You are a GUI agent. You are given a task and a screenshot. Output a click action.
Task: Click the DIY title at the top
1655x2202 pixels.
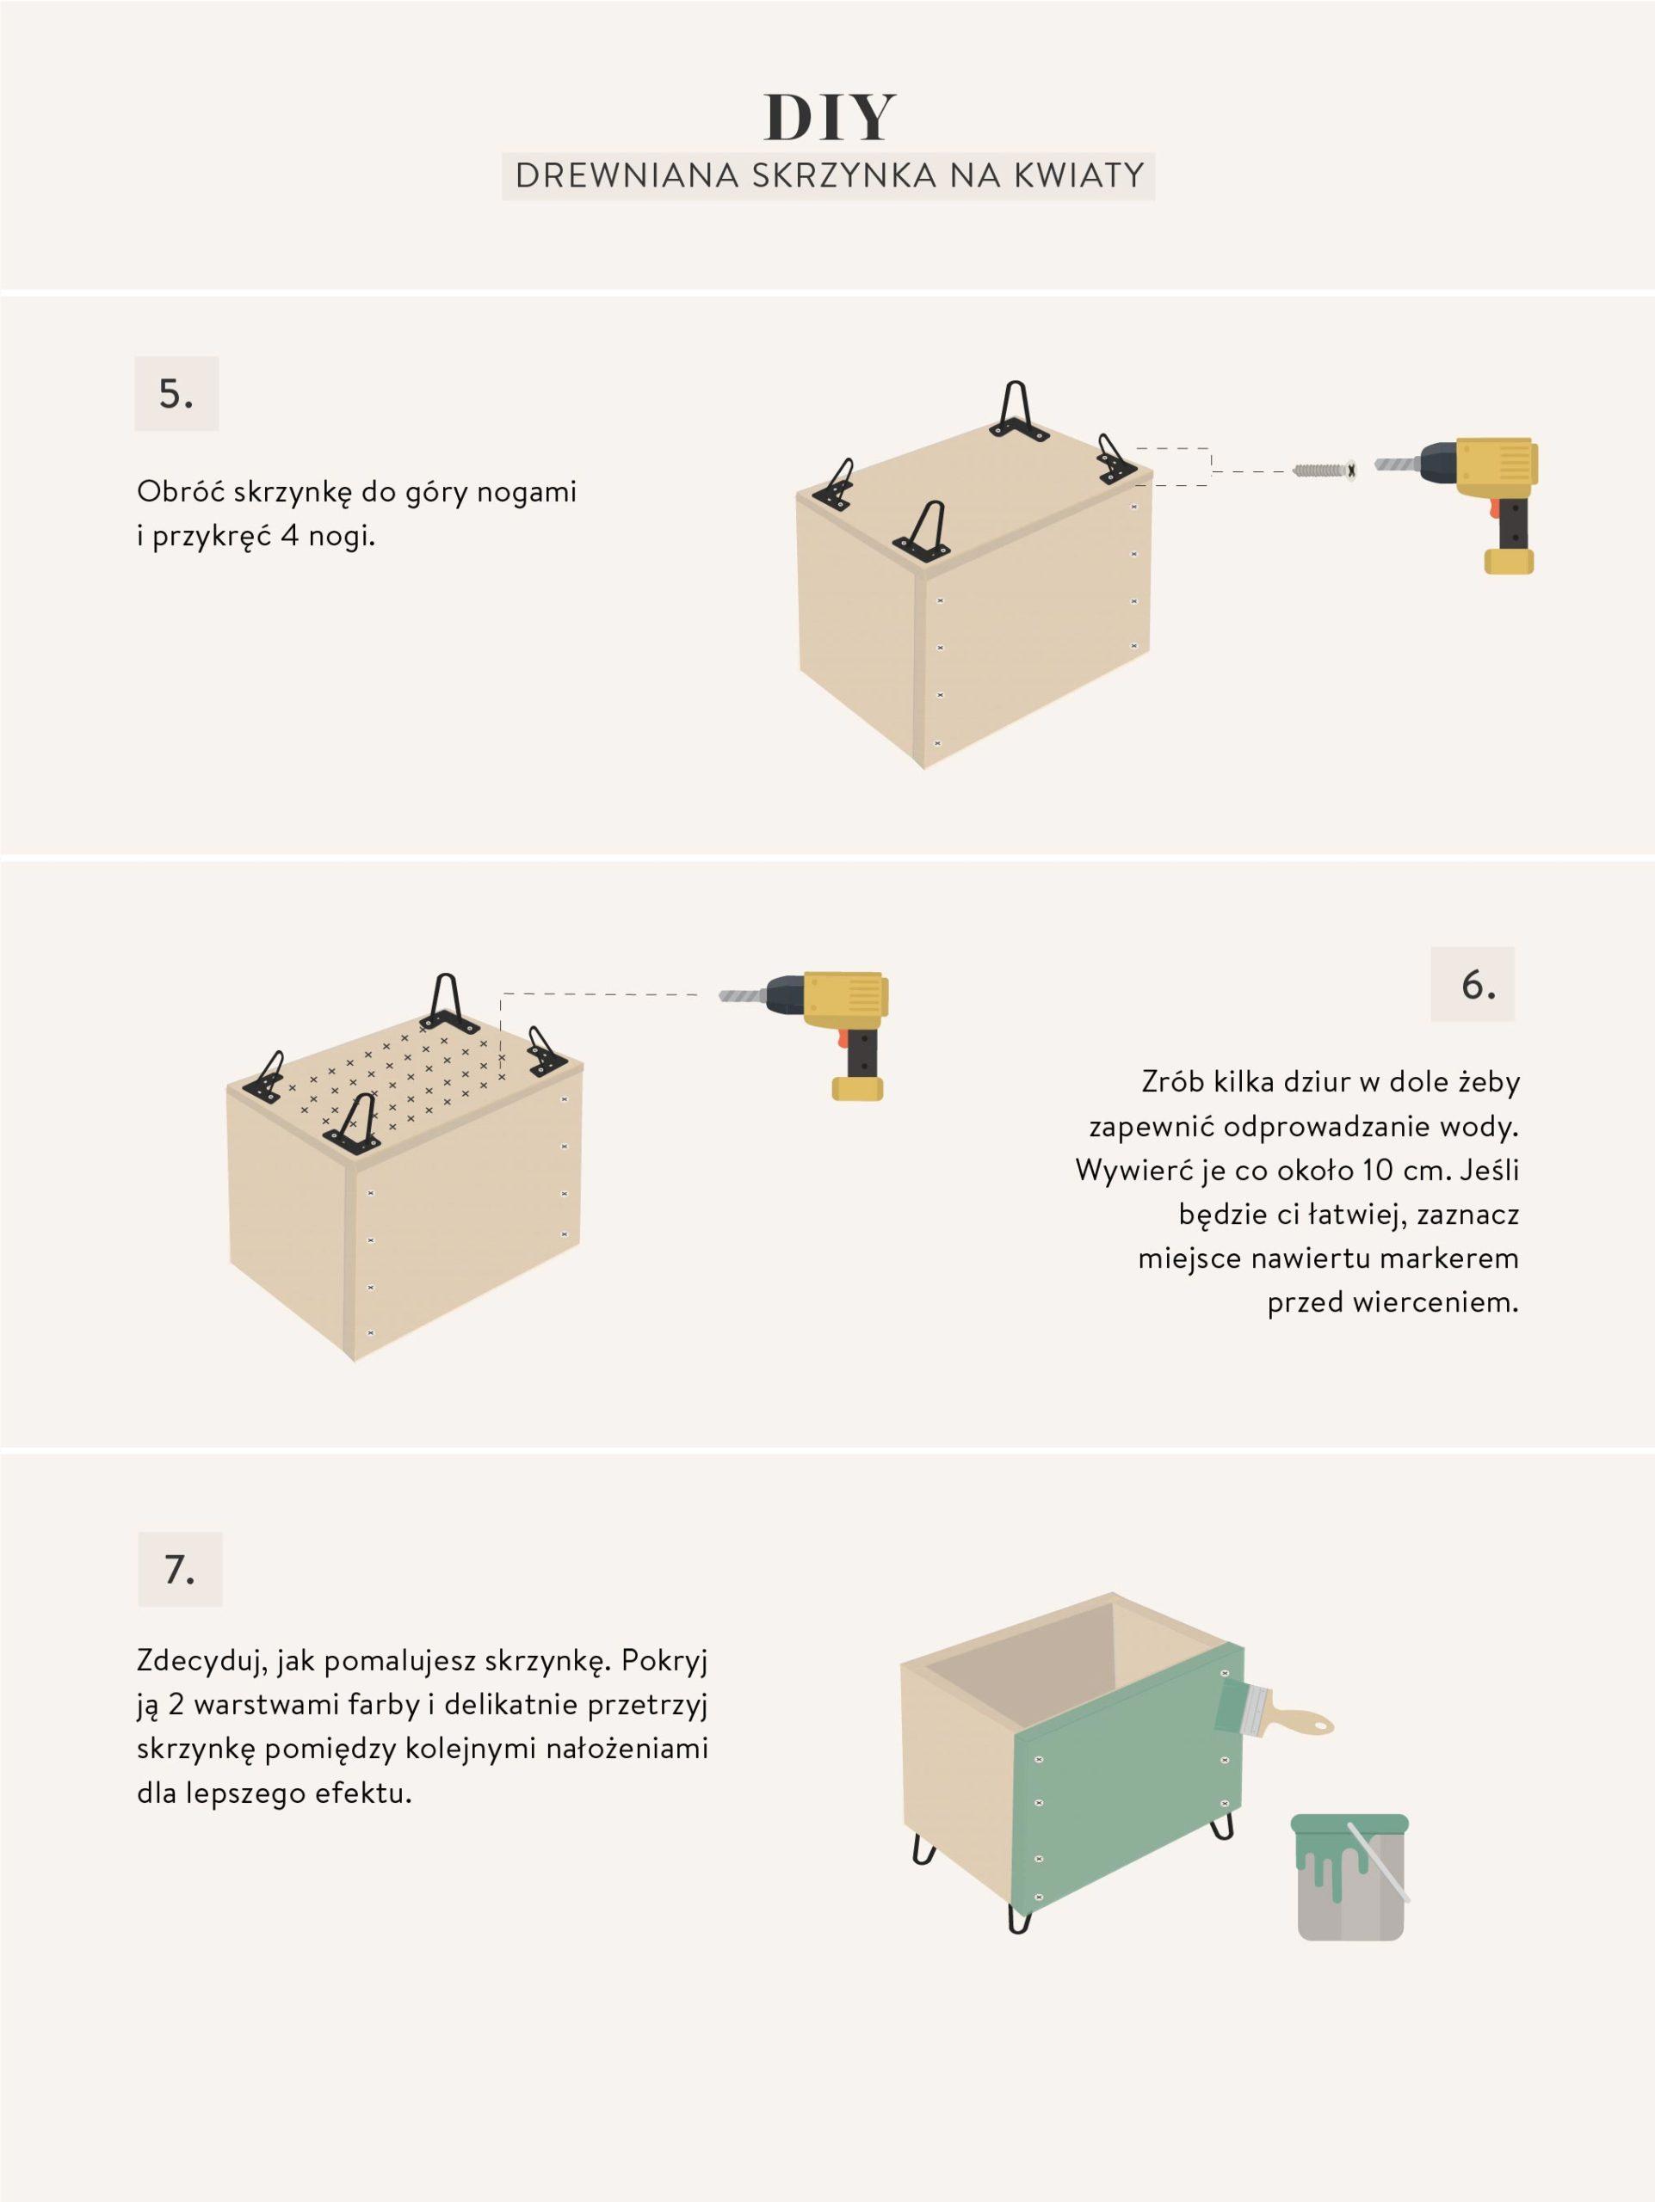coord(830,118)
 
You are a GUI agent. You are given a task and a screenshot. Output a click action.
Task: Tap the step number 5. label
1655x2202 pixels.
coord(176,394)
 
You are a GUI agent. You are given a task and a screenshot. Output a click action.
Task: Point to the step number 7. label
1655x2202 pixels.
coord(179,1570)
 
